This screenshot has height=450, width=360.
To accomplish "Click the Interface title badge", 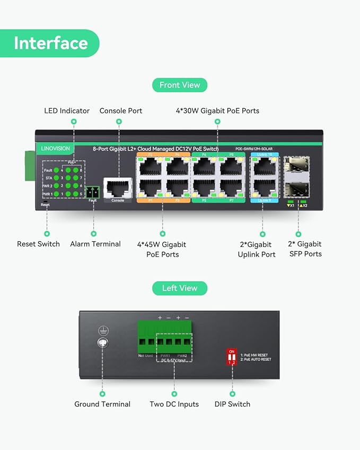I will [x=50, y=43].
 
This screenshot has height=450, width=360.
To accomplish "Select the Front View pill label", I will [x=180, y=85].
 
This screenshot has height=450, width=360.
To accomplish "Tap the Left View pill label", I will [x=180, y=288].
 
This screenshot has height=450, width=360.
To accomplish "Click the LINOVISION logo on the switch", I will [x=55, y=149].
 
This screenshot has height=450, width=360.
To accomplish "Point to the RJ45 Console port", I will [x=118, y=188].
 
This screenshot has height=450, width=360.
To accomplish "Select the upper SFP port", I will [x=296, y=164].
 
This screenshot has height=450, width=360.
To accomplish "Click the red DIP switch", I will [x=232, y=359].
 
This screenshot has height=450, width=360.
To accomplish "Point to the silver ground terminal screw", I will [x=102, y=343].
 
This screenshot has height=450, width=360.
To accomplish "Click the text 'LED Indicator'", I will [x=67, y=111].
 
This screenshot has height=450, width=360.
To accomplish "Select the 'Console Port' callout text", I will [x=121, y=111].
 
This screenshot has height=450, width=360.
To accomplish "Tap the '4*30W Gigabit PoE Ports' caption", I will [x=217, y=111].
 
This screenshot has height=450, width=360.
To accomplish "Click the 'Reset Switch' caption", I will [x=38, y=244].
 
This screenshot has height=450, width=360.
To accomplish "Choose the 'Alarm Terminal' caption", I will [x=95, y=244].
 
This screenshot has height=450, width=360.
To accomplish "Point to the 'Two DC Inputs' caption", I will [x=174, y=404].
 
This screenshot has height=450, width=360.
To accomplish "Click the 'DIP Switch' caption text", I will [x=232, y=404].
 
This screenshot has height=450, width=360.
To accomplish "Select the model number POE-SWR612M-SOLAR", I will [x=254, y=149].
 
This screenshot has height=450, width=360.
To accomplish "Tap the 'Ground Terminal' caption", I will [x=102, y=404].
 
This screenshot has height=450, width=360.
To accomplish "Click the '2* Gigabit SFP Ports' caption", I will [x=304, y=249].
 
